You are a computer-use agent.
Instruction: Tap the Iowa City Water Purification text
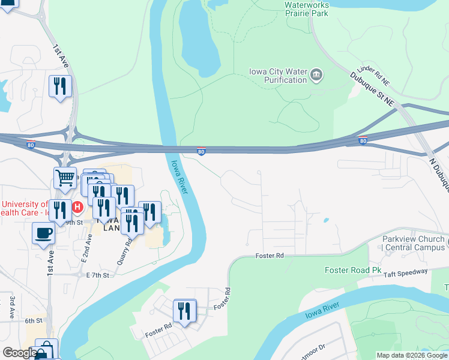point(277,76)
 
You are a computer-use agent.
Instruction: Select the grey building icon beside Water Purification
point(316,76)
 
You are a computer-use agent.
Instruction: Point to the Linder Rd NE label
point(373,74)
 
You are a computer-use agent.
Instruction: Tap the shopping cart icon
point(65,178)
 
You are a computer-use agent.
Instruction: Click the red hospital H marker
point(77,208)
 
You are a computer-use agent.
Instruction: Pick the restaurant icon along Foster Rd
point(185,310)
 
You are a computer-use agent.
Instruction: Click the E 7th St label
point(98,275)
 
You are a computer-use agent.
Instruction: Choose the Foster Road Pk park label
point(353,270)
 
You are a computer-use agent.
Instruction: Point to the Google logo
point(19,353)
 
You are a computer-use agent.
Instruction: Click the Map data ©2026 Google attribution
point(411,355)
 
